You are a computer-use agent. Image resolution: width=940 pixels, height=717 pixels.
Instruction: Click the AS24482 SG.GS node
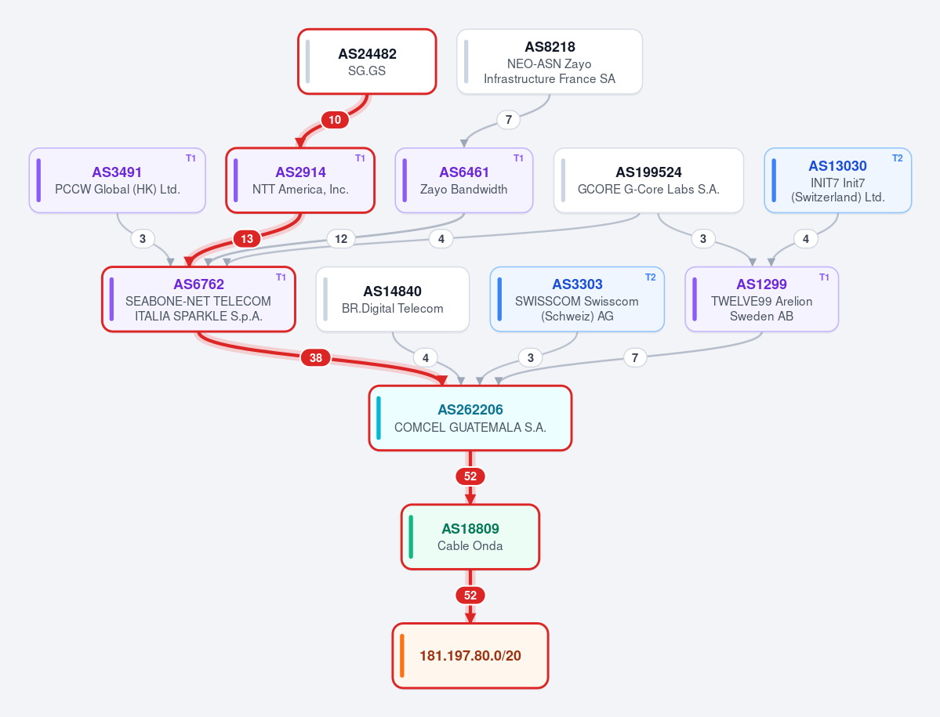(x=367, y=62)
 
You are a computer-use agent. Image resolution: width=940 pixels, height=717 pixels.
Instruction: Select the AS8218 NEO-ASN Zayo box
(x=550, y=62)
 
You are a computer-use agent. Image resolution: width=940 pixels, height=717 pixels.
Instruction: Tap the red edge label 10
(x=335, y=120)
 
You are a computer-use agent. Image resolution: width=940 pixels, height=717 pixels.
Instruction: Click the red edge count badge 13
(x=247, y=239)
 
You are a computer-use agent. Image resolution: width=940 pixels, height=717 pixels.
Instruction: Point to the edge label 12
(x=341, y=239)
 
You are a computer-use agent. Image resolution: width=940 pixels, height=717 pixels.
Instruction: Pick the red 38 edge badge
(x=316, y=358)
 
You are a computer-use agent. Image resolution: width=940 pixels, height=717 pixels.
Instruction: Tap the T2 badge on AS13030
(x=898, y=158)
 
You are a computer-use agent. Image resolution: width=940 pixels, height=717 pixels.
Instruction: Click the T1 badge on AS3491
(x=191, y=158)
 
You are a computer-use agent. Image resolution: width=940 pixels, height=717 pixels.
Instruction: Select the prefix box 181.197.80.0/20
(x=470, y=656)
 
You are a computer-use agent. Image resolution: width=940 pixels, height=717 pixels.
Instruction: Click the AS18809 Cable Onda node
(x=470, y=537)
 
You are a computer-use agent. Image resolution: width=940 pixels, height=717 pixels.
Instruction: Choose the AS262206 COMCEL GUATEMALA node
(x=470, y=418)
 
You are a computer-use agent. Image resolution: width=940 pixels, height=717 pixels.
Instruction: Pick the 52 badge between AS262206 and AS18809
(x=470, y=476)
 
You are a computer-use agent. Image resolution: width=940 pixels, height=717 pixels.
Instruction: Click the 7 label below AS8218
(x=508, y=120)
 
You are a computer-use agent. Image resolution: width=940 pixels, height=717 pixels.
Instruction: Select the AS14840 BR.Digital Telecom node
(x=393, y=299)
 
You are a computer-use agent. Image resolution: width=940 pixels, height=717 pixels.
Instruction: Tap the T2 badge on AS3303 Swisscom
(x=651, y=277)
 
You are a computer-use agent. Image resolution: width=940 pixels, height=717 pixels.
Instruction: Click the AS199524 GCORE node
(x=648, y=180)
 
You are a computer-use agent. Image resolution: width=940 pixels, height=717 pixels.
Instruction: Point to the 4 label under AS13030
(x=806, y=239)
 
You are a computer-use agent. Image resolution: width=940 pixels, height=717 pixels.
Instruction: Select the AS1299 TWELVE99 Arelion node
(x=762, y=299)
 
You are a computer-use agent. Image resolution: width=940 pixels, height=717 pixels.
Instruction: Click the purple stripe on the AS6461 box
(x=405, y=180)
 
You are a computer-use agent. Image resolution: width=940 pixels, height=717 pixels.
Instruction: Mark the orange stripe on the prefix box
(x=402, y=656)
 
